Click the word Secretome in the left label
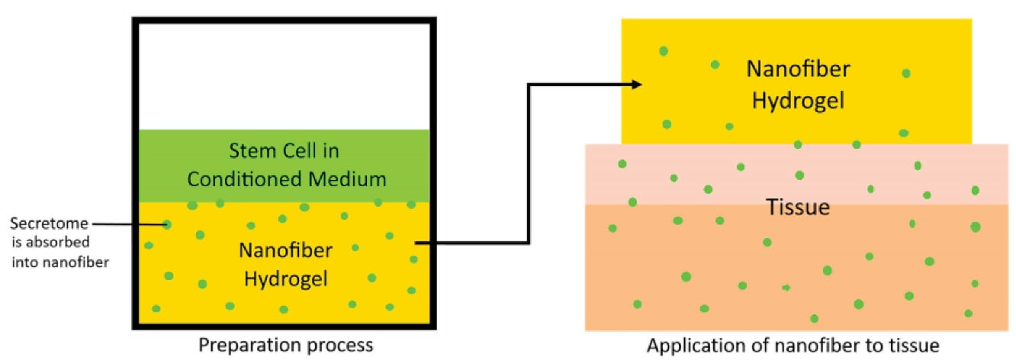pyautogui.click(x=48, y=224)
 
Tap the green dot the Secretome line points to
pyautogui.click(x=167, y=224)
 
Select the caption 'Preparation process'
pyautogui.click(x=286, y=345)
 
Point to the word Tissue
pyautogui.click(x=797, y=207)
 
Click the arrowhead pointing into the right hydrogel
pyautogui.click(x=636, y=85)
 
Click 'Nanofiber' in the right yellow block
pyautogui.click(x=798, y=71)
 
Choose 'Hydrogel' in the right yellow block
pyautogui.click(x=798, y=101)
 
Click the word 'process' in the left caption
pyautogui.click(x=336, y=345)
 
